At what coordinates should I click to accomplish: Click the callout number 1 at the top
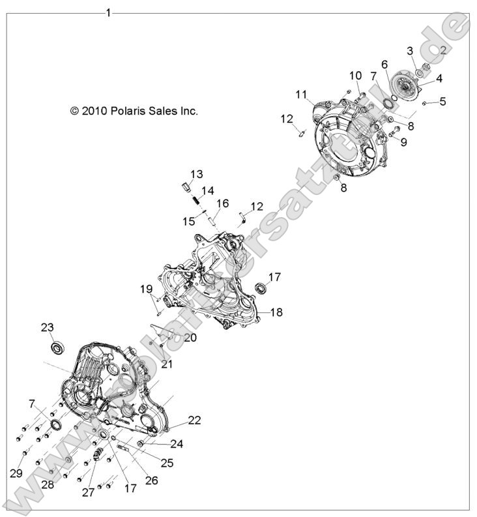point(108,13)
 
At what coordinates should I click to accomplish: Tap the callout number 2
point(442,50)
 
